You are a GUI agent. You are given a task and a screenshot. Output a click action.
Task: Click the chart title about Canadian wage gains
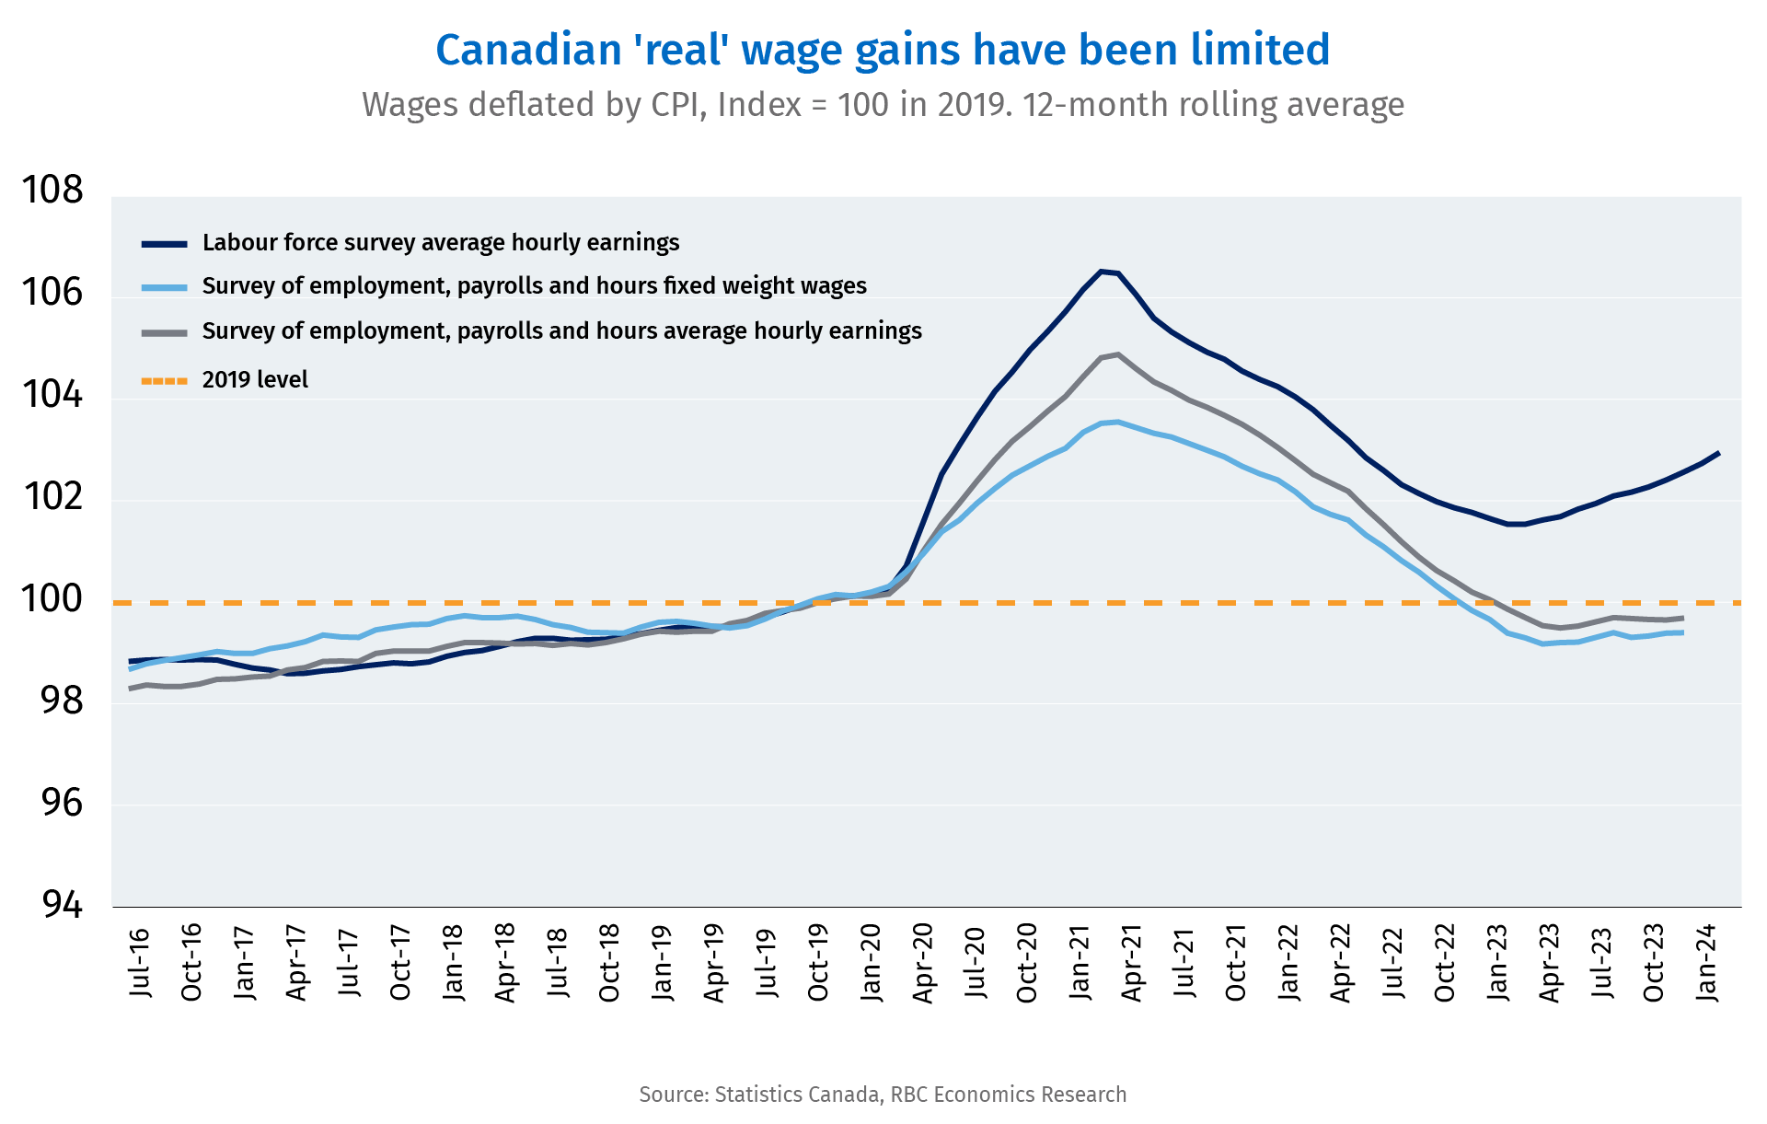click(x=883, y=50)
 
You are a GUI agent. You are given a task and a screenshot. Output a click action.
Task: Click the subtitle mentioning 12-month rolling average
click(x=883, y=105)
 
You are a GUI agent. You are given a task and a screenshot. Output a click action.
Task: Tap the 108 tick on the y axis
click(x=52, y=191)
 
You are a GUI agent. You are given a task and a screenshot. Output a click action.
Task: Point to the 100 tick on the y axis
click(x=52, y=599)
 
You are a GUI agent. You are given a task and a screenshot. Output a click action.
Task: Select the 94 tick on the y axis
click(x=63, y=906)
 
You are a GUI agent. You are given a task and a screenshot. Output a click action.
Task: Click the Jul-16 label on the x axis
click(x=139, y=963)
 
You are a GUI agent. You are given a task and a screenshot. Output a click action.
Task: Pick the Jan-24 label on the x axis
click(x=1707, y=963)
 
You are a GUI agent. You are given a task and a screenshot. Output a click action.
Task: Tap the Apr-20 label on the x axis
click(x=923, y=963)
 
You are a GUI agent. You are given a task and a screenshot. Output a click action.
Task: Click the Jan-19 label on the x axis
click(x=662, y=963)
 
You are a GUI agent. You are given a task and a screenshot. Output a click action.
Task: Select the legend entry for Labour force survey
click(x=441, y=243)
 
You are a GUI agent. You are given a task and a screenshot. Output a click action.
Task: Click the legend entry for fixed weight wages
click(x=534, y=286)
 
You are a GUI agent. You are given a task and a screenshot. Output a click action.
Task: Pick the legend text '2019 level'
click(x=255, y=380)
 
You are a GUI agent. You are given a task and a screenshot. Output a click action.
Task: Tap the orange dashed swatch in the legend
click(x=165, y=380)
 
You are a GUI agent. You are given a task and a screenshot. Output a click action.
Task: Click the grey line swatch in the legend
click(x=165, y=332)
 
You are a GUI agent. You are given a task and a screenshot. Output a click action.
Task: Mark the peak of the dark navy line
click(x=1101, y=271)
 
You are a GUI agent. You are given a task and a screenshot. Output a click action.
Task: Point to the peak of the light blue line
click(x=1117, y=422)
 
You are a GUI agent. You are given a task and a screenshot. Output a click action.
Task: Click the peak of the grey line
click(x=1117, y=354)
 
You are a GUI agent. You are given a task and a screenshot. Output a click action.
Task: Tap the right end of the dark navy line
click(x=1718, y=453)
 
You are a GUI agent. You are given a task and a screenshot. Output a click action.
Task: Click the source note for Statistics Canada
click(x=883, y=1095)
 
